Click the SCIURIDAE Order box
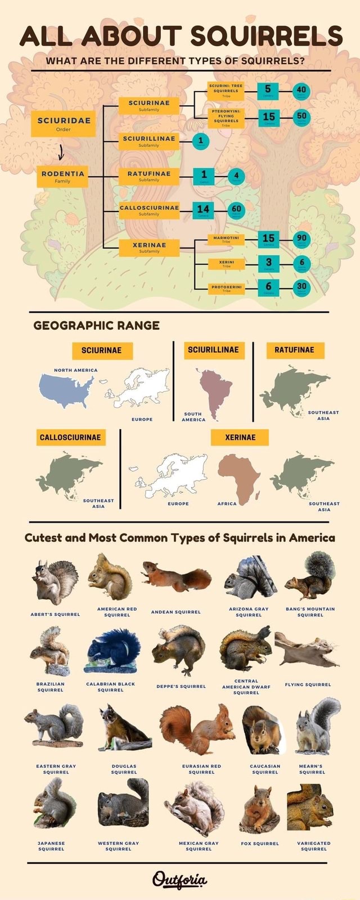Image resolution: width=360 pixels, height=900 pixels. pos(63,123)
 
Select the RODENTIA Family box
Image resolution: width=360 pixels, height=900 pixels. pos(63,177)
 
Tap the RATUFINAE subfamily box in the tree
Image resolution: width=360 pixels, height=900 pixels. pos(149,176)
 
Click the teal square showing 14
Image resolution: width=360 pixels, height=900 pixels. pos(203,210)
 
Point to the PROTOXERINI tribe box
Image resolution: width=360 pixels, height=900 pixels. pos(226,289)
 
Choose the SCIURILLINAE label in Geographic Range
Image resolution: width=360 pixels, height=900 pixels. pos(213,350)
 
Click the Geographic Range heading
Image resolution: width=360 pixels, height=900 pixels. pos(96,325)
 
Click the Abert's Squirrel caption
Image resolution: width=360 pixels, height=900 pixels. pos(55,614)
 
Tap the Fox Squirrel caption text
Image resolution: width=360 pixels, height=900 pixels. pos(260,844)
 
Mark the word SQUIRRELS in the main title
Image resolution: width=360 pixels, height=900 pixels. pos(266,36)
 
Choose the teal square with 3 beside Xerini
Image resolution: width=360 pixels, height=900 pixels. pos(269,263)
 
